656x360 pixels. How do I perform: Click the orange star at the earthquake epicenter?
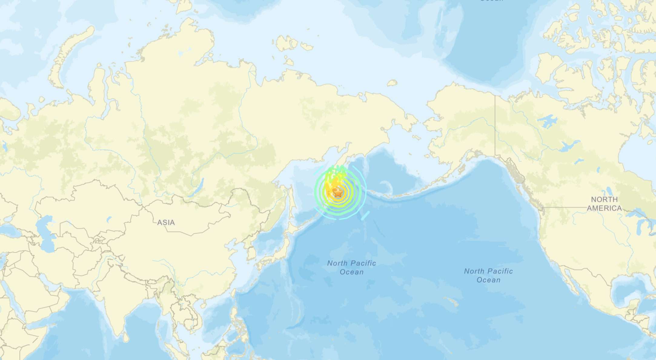click(338, 192)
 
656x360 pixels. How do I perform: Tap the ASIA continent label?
click(166, 223)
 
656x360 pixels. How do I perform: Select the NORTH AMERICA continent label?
click(604, 204)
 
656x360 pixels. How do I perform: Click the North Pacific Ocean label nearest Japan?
click(352, 267)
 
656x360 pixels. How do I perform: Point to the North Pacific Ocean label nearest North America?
click(488, 275)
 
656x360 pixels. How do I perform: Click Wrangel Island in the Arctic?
click(392, 83)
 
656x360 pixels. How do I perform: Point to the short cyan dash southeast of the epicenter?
click(365, 216)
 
